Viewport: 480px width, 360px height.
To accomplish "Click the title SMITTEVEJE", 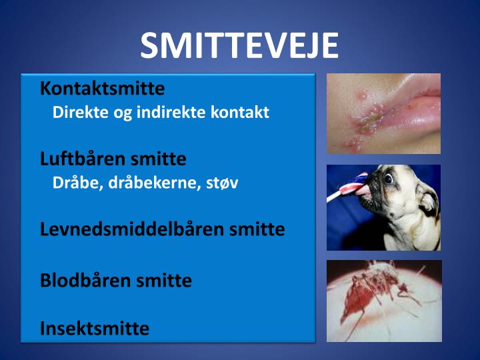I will coord(239,45).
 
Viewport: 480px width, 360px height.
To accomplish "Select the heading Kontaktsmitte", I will coord(102,88).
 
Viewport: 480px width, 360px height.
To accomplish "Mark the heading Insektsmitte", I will coord(94,328).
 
